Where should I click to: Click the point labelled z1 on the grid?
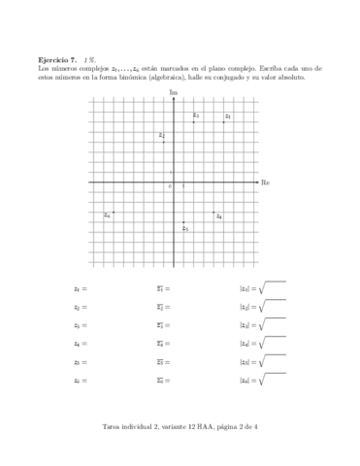(224, 122)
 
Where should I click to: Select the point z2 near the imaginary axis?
(164, 143)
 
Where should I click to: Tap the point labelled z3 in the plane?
(194, 122)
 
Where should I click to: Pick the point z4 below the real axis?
(214, 212)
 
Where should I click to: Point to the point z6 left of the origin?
(114, 212)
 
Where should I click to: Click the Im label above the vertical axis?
(174, 91)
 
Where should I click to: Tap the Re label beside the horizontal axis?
(265, 182)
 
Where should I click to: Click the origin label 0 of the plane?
(170, 186)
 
